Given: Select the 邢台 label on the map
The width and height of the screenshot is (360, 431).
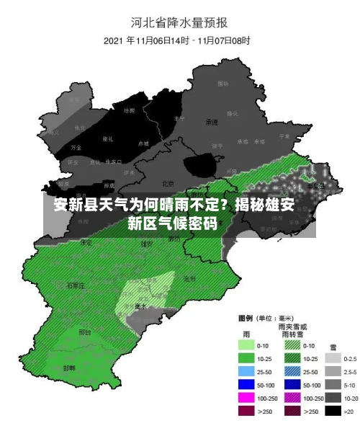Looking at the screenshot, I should pyautogui.click(x=85, y=333).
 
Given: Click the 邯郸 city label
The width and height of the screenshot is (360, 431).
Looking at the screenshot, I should pyautogui.click(x=69, y=368).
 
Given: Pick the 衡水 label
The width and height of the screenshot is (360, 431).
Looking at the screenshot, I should pyautogui.click(x=141, y=306).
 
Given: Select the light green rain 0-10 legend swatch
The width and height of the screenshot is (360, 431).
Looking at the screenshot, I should pyautogui.click(x=246, y=346).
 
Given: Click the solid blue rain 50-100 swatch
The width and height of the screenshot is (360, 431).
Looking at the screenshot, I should pyautogui.click(x=246, y=385).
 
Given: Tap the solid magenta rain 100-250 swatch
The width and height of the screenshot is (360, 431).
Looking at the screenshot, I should pyautogui.click(x=246, y=398).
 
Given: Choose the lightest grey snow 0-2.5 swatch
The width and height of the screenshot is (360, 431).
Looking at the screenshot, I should pyautogui.click(x=332, y=358).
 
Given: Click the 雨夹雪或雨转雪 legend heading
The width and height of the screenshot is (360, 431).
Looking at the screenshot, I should pyautogui.click(x=292, y=332).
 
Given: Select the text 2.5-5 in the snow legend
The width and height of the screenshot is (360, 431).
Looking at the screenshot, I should pyautogui.click(x=351, y=372).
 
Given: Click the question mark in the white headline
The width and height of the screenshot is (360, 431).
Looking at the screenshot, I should pyautogui.click(x=227, y=205).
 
